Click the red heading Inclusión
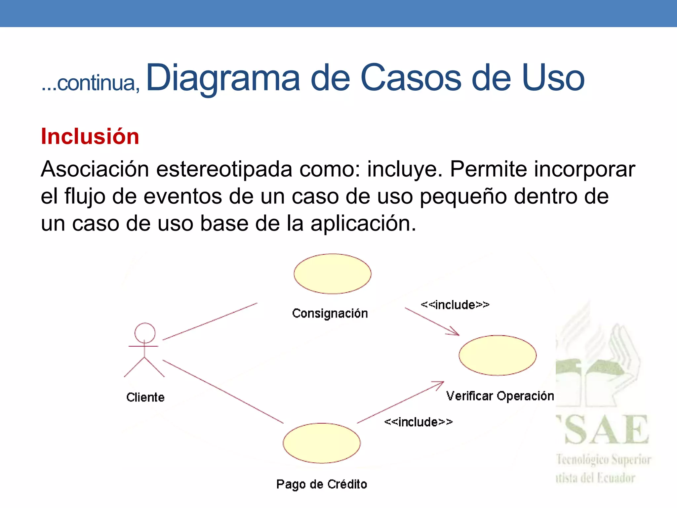(x=90, y=136)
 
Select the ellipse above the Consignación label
(x=333, y=274)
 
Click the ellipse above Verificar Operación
(x=498, y=355)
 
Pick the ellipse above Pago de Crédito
(x=322, y=443)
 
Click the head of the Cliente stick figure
(x=145, y=333)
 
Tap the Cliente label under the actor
(x=145, y=397)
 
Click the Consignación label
(x=330, y=313)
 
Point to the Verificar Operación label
(x=500, y=396)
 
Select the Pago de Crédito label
(x=322, y=484)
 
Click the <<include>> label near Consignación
(x=455, y=305)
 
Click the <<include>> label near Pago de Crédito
(x=418, y=422)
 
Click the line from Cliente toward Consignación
(x=210, y=321)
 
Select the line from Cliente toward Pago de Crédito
(x=223, y=392)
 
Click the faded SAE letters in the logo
(x=607, y=430)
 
